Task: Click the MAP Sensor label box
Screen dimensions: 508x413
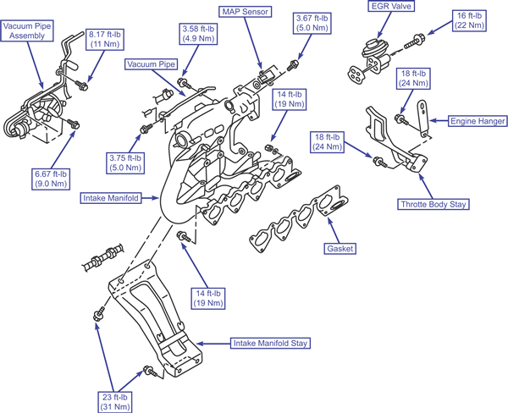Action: tap(246, 12)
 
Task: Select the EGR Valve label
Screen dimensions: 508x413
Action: tap(391, 6)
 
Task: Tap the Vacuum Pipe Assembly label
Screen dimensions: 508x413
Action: tap(27, 30)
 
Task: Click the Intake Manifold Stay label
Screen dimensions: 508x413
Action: tap(270, 343)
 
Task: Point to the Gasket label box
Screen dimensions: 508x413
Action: tap(340, 249)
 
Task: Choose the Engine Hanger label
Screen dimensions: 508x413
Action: tap(478, 121)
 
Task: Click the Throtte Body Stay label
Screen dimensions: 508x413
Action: tap(433, 204)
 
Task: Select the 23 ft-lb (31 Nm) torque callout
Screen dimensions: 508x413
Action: tap(115, 402)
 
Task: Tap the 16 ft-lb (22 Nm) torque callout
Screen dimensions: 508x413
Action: tap(469, 20)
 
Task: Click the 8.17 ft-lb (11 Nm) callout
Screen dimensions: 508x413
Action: tap(105, 39)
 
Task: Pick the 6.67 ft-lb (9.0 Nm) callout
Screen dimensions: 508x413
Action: tap(51, 179)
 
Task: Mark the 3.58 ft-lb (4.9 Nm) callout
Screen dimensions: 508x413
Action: tap(198, 33)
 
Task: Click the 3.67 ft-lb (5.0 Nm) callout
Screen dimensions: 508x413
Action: tap(312, 23)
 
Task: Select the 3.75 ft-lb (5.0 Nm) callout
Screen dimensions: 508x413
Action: tap(125, 163)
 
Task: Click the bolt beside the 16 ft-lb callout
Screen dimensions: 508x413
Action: tap(414, 41)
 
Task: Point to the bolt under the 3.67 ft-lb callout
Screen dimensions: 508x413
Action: tap(293, 65)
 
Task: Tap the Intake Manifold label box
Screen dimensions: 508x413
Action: tap(111, 198)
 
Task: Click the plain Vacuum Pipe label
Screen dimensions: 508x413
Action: tap(152, 64)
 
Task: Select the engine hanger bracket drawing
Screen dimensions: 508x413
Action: tap(422, 118)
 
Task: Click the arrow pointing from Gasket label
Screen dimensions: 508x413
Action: tap(334, 230)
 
